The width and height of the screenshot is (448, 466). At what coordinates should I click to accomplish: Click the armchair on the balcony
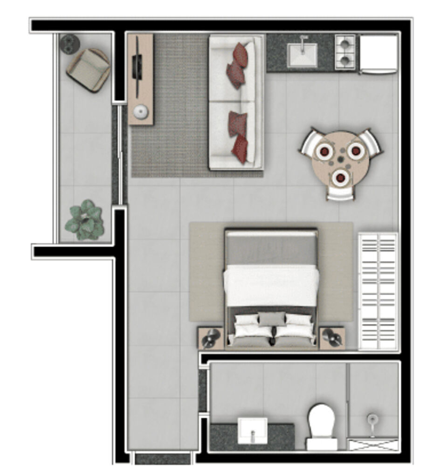tap(88, 70)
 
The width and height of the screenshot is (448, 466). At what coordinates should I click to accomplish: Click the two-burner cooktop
tap(345, 52)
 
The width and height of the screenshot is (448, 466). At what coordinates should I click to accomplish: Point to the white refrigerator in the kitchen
tap(378, 54)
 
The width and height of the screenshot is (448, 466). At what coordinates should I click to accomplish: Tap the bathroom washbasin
tap(252, 430)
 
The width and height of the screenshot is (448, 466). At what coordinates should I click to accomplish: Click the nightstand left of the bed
tap(211, 338)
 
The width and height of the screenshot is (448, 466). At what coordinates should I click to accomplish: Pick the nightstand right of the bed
tap(332, 337)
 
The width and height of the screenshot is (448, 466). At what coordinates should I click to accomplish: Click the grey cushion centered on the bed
tap(271, 319)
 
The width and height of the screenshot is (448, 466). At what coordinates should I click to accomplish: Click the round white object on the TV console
tap(140, 112)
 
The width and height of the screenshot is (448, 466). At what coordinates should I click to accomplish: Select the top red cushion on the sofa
tap(241, 55)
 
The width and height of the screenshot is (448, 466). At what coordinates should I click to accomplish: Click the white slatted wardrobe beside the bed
tap(378, 291)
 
